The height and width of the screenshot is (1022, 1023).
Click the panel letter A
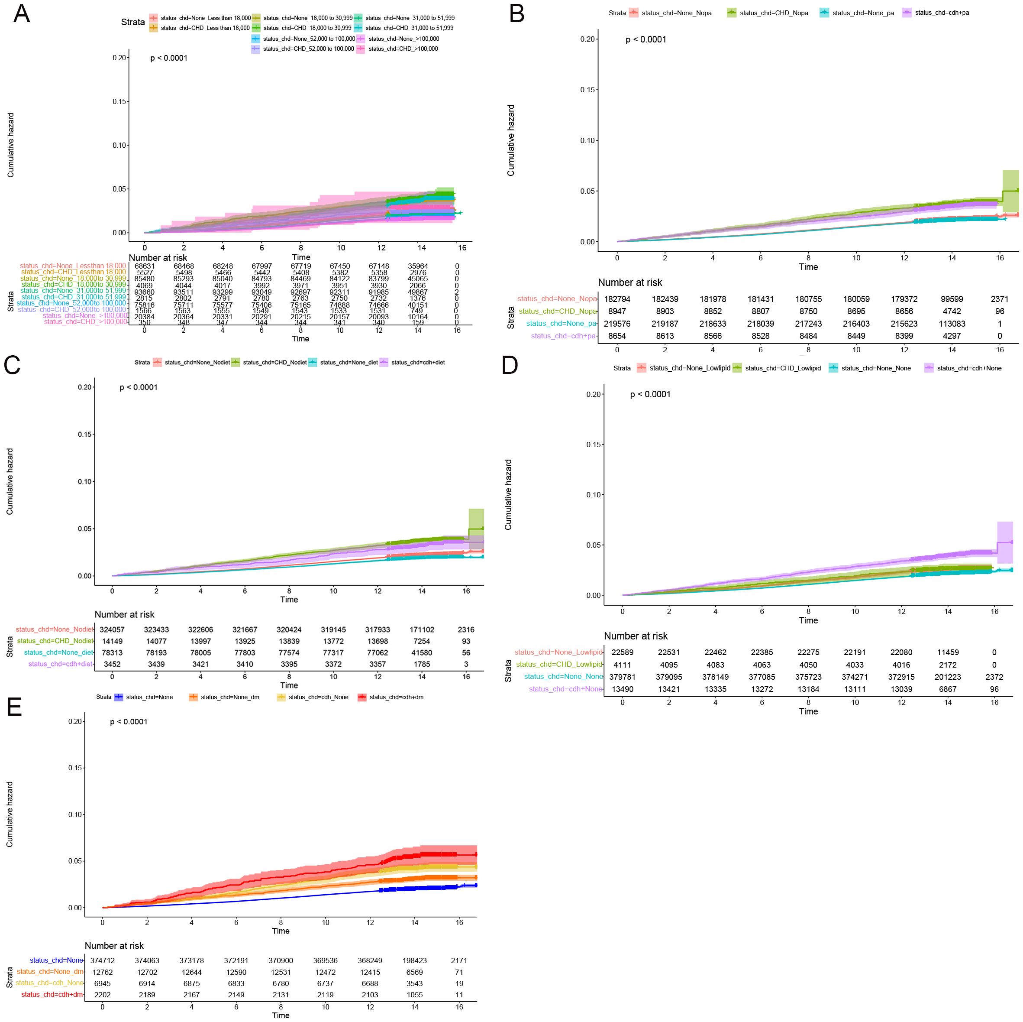[x=22, y=14]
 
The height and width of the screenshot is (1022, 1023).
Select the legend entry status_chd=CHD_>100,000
[x=403, y=49]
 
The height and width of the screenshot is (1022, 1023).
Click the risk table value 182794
[x=617, y=299]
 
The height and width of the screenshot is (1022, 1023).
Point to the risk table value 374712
[x=103, y=960]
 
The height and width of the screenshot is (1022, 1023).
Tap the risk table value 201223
[x=948, y=677]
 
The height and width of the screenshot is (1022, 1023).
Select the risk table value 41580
[x=422, y=653]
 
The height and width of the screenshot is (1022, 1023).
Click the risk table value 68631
[x=144, y=266]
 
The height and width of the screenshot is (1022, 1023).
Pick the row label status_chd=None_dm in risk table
[x=50, y=972]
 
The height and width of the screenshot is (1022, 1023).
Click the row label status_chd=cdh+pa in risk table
[x=563, y=336]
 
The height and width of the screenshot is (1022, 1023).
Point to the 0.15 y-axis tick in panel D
[x=594, y=444]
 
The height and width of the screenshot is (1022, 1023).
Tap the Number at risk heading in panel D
[x=636, y=636]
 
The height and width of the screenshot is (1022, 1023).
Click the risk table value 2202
[x=103, y=994]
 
